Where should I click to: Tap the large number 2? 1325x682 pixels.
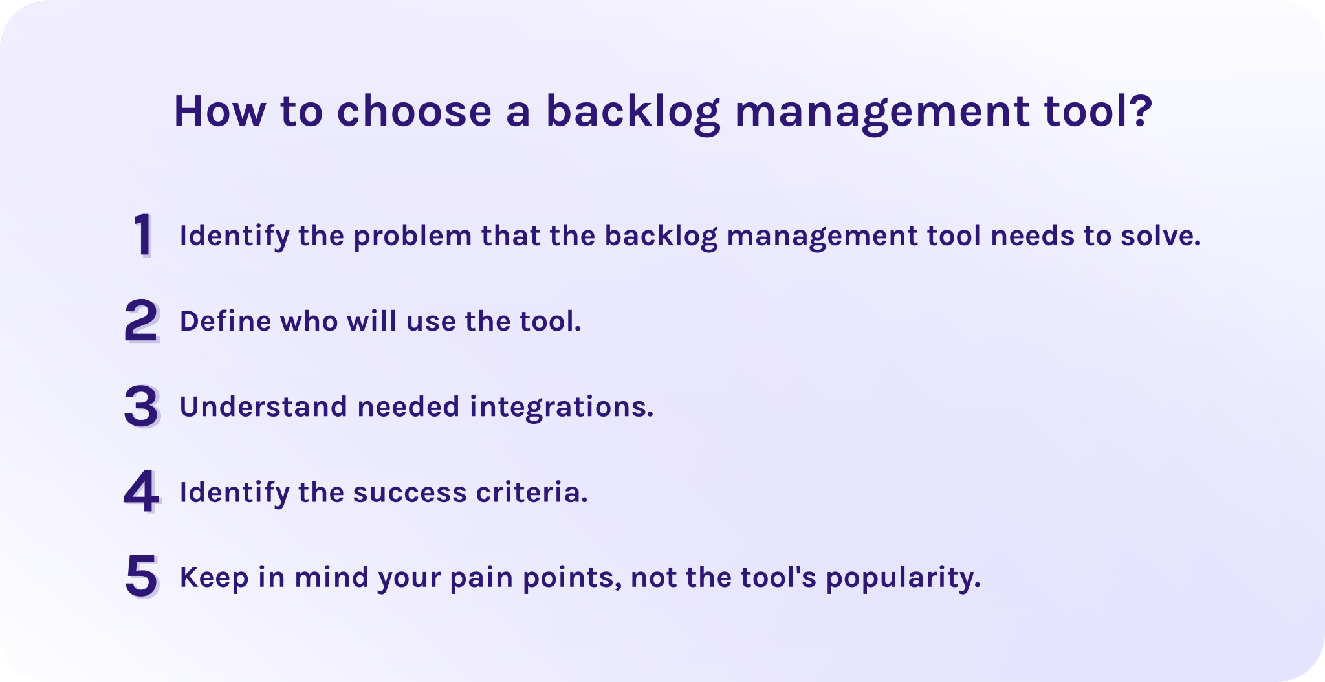click(142, 321)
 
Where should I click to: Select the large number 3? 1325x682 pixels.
click(142, 406)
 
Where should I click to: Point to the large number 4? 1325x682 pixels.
click(142, 492)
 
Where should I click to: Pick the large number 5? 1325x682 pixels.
click(142, 577)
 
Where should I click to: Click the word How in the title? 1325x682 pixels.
click(219, 111)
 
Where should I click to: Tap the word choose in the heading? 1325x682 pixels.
click(414, 111)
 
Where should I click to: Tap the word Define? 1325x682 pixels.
click(225, 321)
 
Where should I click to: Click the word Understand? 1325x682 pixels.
click(263, 406)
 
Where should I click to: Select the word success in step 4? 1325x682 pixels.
click(410, 493)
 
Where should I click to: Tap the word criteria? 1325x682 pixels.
click(532, 492)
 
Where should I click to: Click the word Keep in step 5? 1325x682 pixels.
click(214, 578)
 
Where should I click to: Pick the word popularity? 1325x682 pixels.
click(903, 578)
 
